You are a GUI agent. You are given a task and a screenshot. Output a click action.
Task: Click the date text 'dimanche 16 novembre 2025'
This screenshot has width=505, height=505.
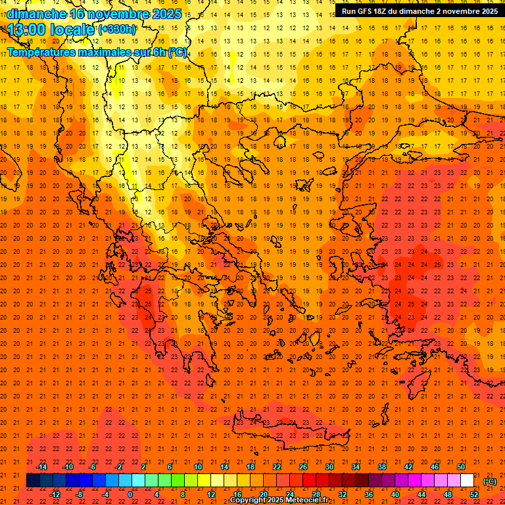tap(95, 14)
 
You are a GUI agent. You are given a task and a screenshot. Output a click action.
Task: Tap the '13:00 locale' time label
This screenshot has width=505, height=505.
tap(51, 29)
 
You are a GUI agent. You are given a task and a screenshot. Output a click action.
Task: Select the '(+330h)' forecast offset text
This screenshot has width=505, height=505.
tap(117, 29)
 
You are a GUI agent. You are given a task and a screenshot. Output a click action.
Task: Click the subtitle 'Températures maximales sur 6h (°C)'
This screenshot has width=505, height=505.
tap(96, 52)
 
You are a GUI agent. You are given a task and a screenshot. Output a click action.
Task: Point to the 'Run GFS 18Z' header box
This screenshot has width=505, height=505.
tap(419, 11)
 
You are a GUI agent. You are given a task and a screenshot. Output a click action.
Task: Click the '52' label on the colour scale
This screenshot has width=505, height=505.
tap(474, 494)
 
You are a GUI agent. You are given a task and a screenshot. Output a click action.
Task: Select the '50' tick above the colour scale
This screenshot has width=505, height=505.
tap(461, 467)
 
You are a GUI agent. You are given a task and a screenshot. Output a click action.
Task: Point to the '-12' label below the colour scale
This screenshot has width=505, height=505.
tap(55, 494)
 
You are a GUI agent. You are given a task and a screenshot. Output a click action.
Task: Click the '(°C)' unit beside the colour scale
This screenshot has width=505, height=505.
tap(490, 481)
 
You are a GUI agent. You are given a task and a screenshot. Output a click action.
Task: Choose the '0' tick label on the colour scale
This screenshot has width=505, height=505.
tap(130, 494)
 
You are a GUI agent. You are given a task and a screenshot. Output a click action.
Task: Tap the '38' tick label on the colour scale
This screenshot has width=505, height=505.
tap(382, 467)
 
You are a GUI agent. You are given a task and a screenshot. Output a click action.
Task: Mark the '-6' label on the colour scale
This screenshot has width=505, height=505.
tap(93, 467)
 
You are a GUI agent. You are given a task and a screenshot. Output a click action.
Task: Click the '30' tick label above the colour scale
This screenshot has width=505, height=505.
tap(329, 467)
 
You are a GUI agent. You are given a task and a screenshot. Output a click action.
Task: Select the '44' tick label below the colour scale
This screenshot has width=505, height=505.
tap(421, 494)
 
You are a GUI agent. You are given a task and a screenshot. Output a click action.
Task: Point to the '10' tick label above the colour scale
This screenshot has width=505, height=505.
tap(197, 467)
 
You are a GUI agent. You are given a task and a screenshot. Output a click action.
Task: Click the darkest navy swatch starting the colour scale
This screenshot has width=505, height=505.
tap(33, 481)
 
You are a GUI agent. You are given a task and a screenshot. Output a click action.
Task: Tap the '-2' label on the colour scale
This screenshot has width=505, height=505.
tap(119, 467)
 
